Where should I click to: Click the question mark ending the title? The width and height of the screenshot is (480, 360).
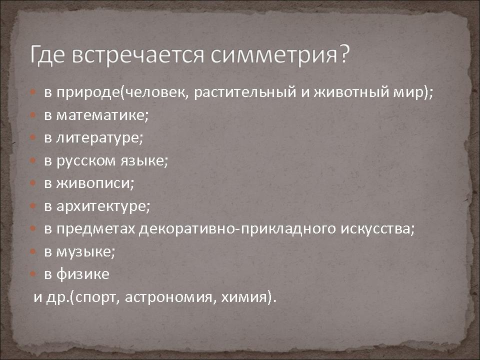344,53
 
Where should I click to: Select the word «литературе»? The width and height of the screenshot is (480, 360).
98,138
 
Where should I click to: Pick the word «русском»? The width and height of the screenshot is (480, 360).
86,160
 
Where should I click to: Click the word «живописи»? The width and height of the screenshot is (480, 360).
93,183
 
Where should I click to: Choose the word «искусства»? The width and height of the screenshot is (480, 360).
376,228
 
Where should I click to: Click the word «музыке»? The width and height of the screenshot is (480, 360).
84,252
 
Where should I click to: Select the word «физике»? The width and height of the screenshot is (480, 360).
82,274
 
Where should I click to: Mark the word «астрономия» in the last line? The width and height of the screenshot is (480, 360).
168,297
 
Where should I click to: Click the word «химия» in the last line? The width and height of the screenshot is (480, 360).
243,297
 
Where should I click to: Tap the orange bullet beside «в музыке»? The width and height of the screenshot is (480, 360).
33,251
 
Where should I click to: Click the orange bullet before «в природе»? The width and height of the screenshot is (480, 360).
33,92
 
